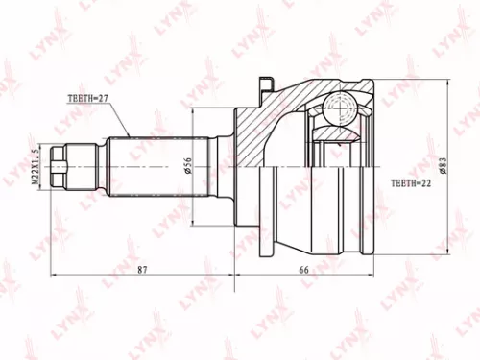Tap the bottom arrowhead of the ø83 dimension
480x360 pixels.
(x=445, y=252)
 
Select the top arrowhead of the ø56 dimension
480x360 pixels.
(x=192, y=110)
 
